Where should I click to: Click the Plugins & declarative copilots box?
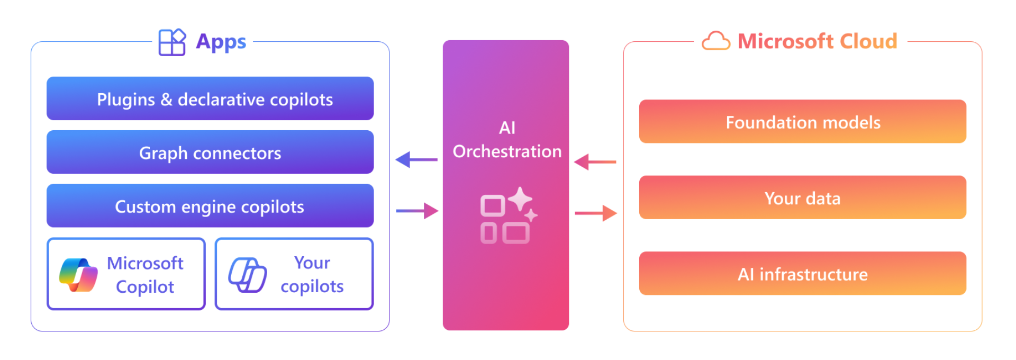tap(210, 98)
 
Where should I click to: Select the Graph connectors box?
tap(210, 152)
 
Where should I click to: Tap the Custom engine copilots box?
tap(210, 205)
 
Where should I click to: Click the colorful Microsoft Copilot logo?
tap(78, 275)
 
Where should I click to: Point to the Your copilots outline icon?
tap(247, 275)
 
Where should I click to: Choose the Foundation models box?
tap(803, 121)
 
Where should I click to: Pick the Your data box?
tap(803, 197)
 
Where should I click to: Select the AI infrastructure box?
tap(803, 273)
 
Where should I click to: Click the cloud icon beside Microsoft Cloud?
tap(716, 41)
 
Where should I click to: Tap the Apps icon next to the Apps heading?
tap(172, 42)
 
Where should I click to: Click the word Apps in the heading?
tap(221, 42)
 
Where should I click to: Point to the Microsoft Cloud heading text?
tap(818, 41)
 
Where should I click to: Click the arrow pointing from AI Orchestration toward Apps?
tap(416, 159)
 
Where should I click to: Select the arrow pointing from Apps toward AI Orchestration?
tap(417, 211)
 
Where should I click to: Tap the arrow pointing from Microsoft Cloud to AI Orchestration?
tap(595, 162)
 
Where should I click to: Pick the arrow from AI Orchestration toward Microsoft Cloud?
tap(596, 213)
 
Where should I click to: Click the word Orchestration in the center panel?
tap(507, 151)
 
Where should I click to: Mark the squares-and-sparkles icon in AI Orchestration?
tap(509, 215)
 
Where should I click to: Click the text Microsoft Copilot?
tap(145, 275)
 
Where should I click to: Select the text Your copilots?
tap(312, 275)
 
